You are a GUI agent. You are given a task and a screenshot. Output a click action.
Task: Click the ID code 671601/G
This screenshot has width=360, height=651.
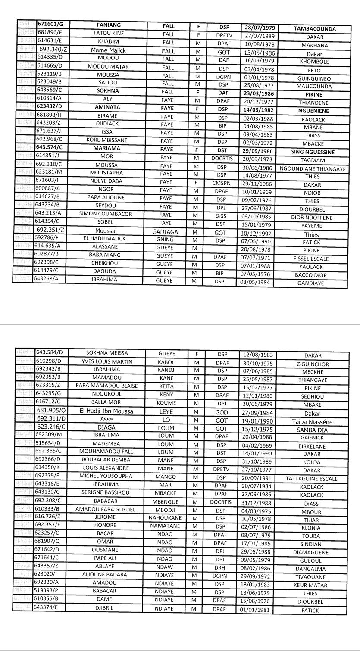(x=50, y=26)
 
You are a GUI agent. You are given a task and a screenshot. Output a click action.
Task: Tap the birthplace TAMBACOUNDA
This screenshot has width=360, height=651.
(x=315, y=29)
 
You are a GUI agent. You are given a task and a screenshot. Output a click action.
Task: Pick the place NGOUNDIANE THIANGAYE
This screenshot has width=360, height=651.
(x=313, y=169)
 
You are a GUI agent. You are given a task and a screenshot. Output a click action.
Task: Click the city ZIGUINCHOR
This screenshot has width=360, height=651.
(x=313, y=364)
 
